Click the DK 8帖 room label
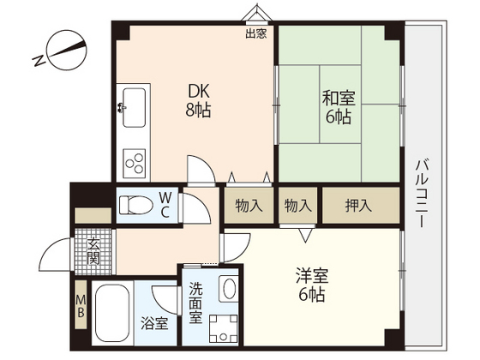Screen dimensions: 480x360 click(198, 101)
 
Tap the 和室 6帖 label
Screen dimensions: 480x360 click(339, 107)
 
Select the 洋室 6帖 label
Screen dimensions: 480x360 click(312, 285)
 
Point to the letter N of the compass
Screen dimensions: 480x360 click(39, 61)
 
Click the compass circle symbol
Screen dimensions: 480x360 click(67, 51)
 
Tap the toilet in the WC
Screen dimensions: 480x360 click(136, 205)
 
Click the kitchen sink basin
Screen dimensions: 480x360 click(134, 108)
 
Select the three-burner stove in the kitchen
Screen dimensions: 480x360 click(134, 164)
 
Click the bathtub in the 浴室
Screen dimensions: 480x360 click(112, 313)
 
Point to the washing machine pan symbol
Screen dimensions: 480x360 click(223, 328)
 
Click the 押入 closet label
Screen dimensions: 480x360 click(358, 206)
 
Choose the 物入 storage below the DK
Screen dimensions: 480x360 click(249, 206)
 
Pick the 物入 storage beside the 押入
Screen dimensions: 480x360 click(298, 206)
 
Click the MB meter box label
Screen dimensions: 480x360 click(81, 306)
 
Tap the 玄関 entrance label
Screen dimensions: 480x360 click(93, 251)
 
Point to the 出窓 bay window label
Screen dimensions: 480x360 click(256, 33)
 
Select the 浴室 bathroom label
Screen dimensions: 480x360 click(154, 323)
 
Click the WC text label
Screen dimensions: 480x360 click(165, 205)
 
